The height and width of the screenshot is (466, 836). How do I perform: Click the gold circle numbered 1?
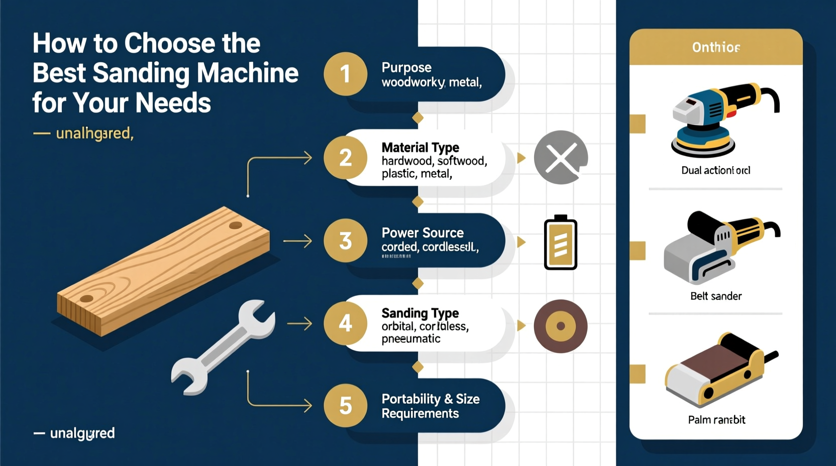pos(345,74)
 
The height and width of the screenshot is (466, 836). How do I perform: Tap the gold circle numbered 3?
pos(345,241)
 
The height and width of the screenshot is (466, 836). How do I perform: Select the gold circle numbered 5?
pos(345,405)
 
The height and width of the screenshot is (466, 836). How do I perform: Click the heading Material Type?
pos(420,148)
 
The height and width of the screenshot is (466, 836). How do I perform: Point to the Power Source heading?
pos(422,233)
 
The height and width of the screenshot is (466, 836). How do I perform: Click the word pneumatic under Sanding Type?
pos(410,339)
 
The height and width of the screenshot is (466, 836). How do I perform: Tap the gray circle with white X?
pos(560,158)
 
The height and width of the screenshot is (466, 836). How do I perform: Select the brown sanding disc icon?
pos(560,326)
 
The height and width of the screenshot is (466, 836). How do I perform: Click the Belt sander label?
pos(715,296)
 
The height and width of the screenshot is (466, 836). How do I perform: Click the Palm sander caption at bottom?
pos(716,420)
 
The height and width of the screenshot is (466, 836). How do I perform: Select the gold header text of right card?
pos(715,47)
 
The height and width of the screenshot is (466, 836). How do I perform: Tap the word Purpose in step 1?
pos(406,67)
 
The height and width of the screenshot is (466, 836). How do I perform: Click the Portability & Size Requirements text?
pos(430,406)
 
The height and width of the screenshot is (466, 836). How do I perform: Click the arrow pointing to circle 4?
pos(299,324)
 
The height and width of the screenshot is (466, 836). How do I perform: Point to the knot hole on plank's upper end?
pos(235,226)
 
